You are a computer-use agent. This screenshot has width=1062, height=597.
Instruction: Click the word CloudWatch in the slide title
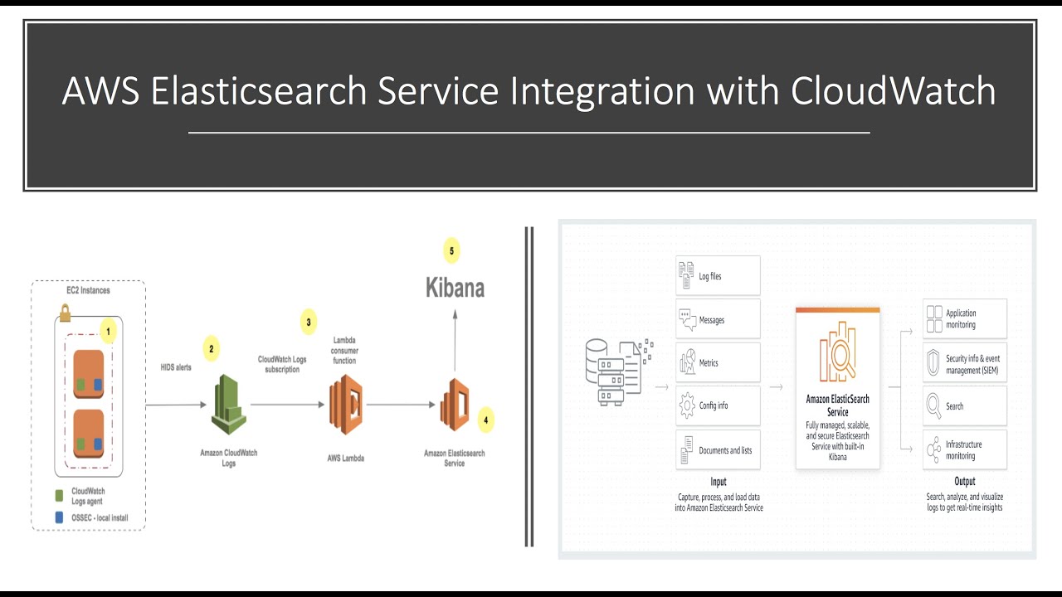click(893, 90)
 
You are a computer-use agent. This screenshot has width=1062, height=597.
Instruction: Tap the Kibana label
click(455, 288)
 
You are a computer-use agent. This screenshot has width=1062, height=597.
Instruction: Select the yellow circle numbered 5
click(451, 250)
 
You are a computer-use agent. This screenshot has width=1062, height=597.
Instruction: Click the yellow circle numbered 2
click(211, 349)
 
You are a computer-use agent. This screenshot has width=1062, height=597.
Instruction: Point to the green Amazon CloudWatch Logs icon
click(228, 405)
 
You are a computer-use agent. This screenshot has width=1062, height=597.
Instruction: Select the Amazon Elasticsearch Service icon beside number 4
click(454, 405)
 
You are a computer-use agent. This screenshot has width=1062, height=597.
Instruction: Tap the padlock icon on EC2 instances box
click(65, 313)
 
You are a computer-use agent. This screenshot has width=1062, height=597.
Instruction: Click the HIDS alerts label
click(176, 366)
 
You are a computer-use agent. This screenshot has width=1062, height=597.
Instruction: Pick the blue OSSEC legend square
click(59, 517)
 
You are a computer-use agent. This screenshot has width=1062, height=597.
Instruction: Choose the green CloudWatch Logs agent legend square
click(59, 495)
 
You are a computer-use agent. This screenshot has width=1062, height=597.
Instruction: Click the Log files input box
click(718, 275)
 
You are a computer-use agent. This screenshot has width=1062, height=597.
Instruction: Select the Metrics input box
click(718, 362)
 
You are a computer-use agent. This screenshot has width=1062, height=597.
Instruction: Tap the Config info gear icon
click(687, 405)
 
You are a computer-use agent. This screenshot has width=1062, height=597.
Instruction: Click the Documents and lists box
click(718, 449)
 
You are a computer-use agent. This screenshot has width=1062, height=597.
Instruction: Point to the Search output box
click(964, 406)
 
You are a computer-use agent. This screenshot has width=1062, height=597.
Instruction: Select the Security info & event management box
click(964, 363)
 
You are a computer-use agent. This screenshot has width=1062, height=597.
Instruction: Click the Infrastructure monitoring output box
click(964, 449)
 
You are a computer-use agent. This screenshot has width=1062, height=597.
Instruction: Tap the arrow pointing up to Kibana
click(455, 340)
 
